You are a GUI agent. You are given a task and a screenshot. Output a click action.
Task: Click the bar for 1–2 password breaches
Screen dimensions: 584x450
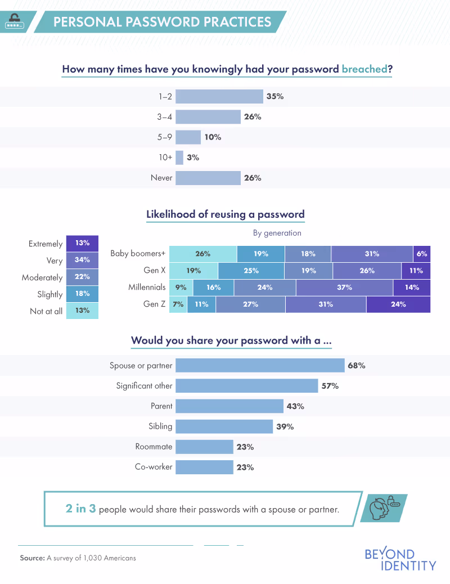(219, 97)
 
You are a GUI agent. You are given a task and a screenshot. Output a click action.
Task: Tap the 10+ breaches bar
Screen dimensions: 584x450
(179, 158)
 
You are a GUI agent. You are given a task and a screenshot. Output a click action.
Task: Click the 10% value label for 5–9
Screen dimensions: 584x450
(213, 137)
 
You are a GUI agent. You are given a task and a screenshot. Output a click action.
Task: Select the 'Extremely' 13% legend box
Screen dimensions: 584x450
(82, 244)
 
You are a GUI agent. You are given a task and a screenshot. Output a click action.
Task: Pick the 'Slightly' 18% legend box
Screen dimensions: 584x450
(82, 294)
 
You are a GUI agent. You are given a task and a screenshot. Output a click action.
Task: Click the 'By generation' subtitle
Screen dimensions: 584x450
(277, 233)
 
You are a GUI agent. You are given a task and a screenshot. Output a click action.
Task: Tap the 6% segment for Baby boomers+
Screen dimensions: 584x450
(421, 254)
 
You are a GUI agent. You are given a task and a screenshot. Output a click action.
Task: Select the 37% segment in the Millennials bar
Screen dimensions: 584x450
(344, 287)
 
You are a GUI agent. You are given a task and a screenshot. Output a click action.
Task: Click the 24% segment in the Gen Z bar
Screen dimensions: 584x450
(398, 304)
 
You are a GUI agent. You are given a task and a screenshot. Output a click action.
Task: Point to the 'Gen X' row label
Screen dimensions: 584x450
(155, 271)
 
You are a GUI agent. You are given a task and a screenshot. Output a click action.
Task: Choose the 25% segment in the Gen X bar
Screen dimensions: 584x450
(251, 271)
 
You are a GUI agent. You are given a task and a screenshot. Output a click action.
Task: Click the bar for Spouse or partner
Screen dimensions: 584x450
(260, 366)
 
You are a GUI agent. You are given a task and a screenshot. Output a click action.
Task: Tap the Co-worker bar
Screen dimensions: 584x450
(204, 467)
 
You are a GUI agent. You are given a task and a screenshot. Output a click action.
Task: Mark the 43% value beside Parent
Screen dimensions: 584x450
(296, 406)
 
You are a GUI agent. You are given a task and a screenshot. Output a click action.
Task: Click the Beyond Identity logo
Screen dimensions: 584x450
(400, 559)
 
